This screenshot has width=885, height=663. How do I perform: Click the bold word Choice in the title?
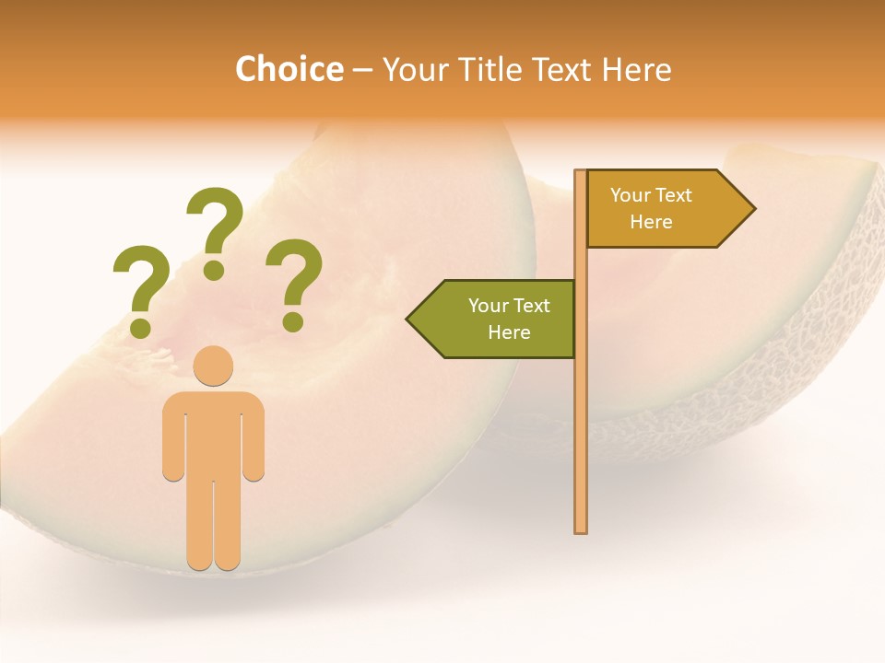289,70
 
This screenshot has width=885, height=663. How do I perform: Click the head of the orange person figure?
213,366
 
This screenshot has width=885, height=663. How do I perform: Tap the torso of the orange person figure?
213,433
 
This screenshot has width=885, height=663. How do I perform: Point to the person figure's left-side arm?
173,442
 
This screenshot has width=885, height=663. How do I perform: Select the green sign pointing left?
498,319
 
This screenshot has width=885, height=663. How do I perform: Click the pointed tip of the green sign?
410,319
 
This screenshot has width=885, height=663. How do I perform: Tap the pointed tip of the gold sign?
751,209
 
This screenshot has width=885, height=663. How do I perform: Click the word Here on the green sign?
509,332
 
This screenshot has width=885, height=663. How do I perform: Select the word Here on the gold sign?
651,222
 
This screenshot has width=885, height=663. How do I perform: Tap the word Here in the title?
636,70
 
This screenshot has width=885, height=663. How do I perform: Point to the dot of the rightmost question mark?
293,321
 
